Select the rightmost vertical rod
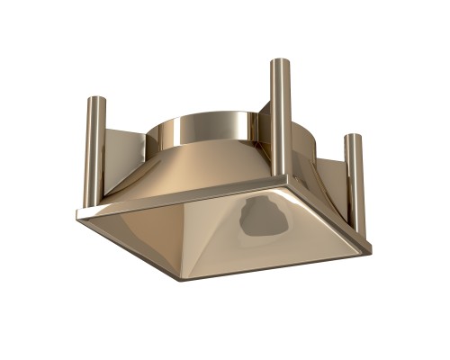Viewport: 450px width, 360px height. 353,184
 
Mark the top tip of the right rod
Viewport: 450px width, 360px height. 353,137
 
